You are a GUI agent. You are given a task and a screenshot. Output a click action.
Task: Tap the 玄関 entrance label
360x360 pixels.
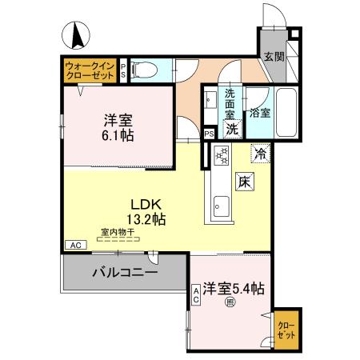274,57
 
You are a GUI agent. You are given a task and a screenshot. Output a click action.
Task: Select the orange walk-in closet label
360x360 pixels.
90,69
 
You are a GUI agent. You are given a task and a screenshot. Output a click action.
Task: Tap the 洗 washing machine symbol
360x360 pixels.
232,128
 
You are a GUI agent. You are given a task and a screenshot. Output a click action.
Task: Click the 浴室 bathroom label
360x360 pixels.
260,113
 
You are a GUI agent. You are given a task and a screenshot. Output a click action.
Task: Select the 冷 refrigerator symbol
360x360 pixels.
260,150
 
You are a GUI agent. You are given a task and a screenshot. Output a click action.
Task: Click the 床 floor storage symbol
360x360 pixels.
244,182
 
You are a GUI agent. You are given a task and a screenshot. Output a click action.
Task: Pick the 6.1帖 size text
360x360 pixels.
118,136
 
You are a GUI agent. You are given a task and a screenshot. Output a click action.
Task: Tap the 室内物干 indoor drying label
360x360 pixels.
117,233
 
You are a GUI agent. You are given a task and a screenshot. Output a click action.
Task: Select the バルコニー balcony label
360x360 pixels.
124,272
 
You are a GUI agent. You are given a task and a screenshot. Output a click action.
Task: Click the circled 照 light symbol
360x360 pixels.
230,302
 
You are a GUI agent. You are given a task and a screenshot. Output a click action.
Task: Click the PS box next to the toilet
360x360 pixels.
122,70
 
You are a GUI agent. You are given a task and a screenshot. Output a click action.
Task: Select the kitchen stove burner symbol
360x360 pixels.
222,154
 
